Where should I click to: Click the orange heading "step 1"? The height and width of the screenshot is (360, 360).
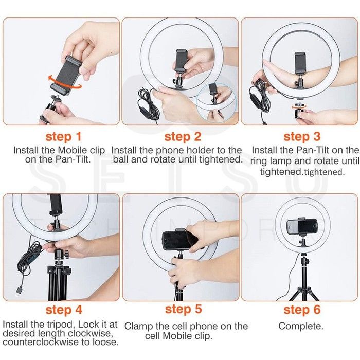click(63, 137)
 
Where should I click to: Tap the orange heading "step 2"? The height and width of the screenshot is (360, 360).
click(183, 137)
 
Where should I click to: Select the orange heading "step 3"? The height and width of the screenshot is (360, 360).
click(302, 137)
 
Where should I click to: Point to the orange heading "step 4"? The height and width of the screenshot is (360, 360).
click(64, 310)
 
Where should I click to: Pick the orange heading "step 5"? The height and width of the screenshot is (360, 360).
click(183, 309)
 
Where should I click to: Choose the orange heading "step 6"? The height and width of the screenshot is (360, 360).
click(302, 310)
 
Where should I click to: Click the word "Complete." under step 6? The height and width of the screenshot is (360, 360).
click(301, 326)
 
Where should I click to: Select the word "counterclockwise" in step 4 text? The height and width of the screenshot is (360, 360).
click(41, 342)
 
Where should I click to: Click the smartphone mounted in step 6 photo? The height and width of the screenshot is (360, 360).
click(302, 227)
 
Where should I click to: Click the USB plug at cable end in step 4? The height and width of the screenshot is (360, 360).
click(19, 292)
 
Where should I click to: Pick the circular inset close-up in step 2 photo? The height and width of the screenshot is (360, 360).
click(216, 102)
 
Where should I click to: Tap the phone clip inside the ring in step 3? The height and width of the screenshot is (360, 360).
click(300, 63)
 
